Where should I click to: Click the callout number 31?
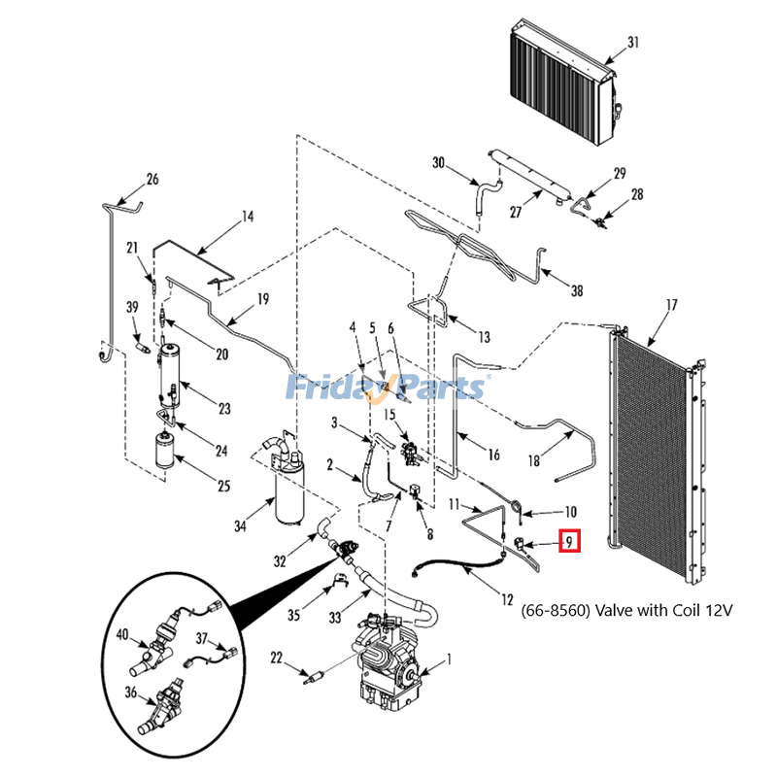[x=633, y=42]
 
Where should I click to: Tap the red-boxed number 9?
[x=569, y=541]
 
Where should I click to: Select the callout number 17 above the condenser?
[x=671, y=304]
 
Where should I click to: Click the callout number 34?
[x=240, y=525]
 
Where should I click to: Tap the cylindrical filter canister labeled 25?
[x=164, y=451]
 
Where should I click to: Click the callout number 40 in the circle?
[x=122, y=634]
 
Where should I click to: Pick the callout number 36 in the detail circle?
[x=130, y=692]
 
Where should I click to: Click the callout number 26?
[x=152, y=179]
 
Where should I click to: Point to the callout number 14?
[x=248, y=217]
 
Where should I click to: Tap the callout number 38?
[x=577, y=290]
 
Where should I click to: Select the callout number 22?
[x=276, y=658]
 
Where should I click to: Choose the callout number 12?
[x=507, y=599]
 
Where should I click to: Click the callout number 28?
[x=637, y=194]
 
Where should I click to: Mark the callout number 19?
[x=263, y=299]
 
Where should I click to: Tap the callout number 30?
[x=439, y=162]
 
